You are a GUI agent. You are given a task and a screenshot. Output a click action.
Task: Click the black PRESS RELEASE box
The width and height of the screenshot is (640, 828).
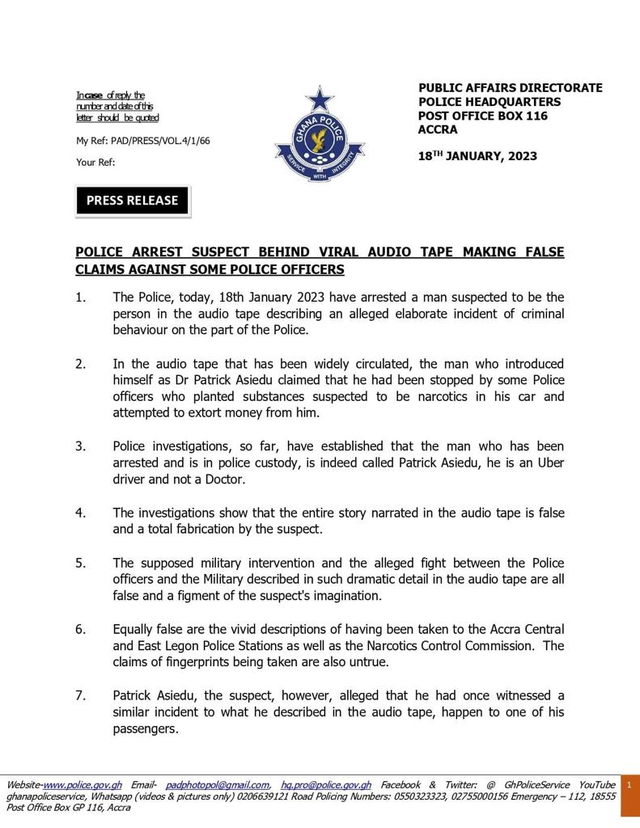coord(133,201)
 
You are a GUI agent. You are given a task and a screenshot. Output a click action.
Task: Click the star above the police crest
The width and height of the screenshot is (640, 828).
coord(320,99)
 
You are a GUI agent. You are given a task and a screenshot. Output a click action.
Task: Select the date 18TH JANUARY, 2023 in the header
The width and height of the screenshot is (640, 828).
coord(477,156)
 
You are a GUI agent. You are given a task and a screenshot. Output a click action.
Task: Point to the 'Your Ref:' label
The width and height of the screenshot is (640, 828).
coord(95,162)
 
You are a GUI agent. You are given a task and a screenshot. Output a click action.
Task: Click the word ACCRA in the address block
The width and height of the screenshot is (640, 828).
coord(438,129)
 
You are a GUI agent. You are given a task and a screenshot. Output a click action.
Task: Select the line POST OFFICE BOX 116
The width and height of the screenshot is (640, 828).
coord(483,116)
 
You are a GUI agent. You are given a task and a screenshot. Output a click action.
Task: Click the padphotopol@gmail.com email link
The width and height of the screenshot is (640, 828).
coord(218,784)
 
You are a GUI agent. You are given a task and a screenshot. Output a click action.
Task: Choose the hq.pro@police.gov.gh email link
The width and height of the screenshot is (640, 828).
coord(326,784)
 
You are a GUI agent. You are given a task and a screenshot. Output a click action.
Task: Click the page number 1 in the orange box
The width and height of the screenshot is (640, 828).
coord(629,784)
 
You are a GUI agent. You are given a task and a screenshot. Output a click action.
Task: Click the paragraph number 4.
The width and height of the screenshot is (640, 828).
coord(80,513)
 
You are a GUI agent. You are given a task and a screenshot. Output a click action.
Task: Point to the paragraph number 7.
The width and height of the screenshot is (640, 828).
coord(80,695)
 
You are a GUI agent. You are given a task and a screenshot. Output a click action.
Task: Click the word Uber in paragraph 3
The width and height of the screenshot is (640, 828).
coord(549,463)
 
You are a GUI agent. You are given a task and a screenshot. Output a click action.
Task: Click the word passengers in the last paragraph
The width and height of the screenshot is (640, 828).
coord(145,729)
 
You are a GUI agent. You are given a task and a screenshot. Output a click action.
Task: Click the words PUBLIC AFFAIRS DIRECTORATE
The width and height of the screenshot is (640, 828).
coord(510,87)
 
